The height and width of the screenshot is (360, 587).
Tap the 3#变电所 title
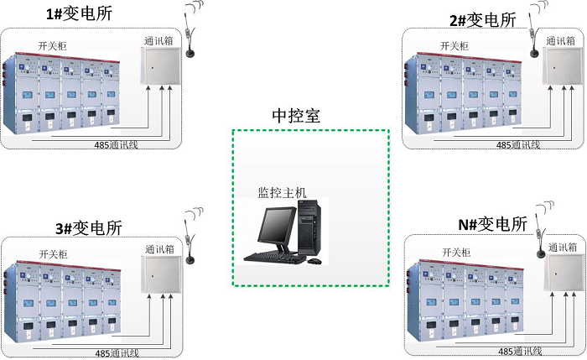pyautogui.click(x=88, y=227)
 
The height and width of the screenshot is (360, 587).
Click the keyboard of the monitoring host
pyautogui.click(x=273, y=257)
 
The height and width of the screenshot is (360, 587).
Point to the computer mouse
pyautogui.click(x=314, y=261)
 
